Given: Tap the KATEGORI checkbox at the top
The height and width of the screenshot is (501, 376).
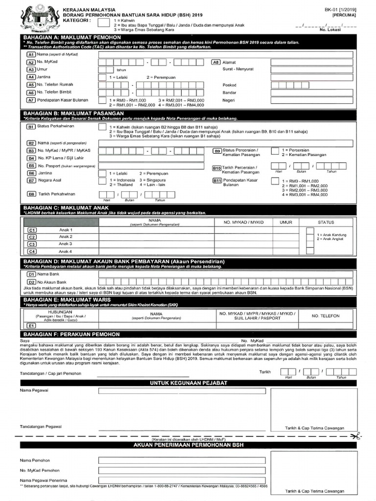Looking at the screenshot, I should tap(103, 23).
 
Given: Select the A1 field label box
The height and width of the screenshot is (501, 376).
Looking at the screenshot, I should tap(31, 55).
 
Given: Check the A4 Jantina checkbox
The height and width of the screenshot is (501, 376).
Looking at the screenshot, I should tap(103, 77).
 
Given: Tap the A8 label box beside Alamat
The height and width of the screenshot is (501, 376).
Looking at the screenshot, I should tap(216, 63).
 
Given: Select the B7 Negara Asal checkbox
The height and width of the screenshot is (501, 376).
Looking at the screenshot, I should tap(103, 181).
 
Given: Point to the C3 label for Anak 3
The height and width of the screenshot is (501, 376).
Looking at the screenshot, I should tap(31, 244).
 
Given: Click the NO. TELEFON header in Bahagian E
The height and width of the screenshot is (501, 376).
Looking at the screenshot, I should tap(326, 316).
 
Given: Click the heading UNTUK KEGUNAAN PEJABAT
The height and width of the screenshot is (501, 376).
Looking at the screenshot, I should tap(188, 383).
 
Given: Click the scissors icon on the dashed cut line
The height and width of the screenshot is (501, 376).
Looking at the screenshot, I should tap(356, 435).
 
